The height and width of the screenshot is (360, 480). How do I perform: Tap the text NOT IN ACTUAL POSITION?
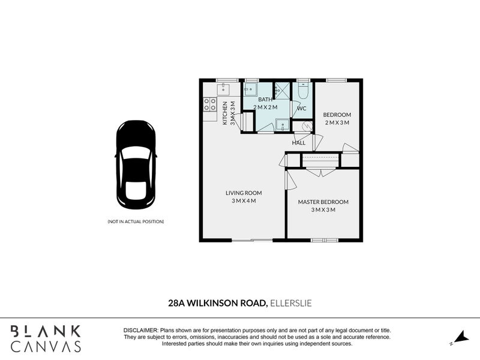(x=136, y=221)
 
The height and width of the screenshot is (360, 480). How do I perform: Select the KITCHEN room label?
(x=224, y=113)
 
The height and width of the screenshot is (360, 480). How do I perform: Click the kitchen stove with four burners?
(x=209, y=104)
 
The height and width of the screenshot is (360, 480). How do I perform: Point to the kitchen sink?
(x=223, y=89)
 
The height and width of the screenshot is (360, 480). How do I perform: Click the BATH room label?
(x=265, y=100)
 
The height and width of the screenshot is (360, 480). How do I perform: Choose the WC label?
(x=302, y=109)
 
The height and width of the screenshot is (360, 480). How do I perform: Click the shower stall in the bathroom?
(x=281, y=91)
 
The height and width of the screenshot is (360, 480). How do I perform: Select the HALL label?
(x=298, y=143)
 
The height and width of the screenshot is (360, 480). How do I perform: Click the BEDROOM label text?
(x=337, y=115)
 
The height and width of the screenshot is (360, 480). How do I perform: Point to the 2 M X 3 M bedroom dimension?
(x=337, y=123)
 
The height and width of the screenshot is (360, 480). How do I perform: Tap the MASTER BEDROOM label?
(x=323, y=202)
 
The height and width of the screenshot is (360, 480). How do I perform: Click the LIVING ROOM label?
(x=244, y=193)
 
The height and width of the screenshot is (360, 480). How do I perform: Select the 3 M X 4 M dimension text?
(x=244, y=201)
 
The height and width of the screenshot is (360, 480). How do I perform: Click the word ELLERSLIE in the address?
(x=291, y=303)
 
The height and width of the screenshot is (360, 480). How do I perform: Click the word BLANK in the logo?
(x=46, y=332)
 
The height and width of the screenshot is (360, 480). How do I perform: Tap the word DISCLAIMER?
(x=141, y=331)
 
